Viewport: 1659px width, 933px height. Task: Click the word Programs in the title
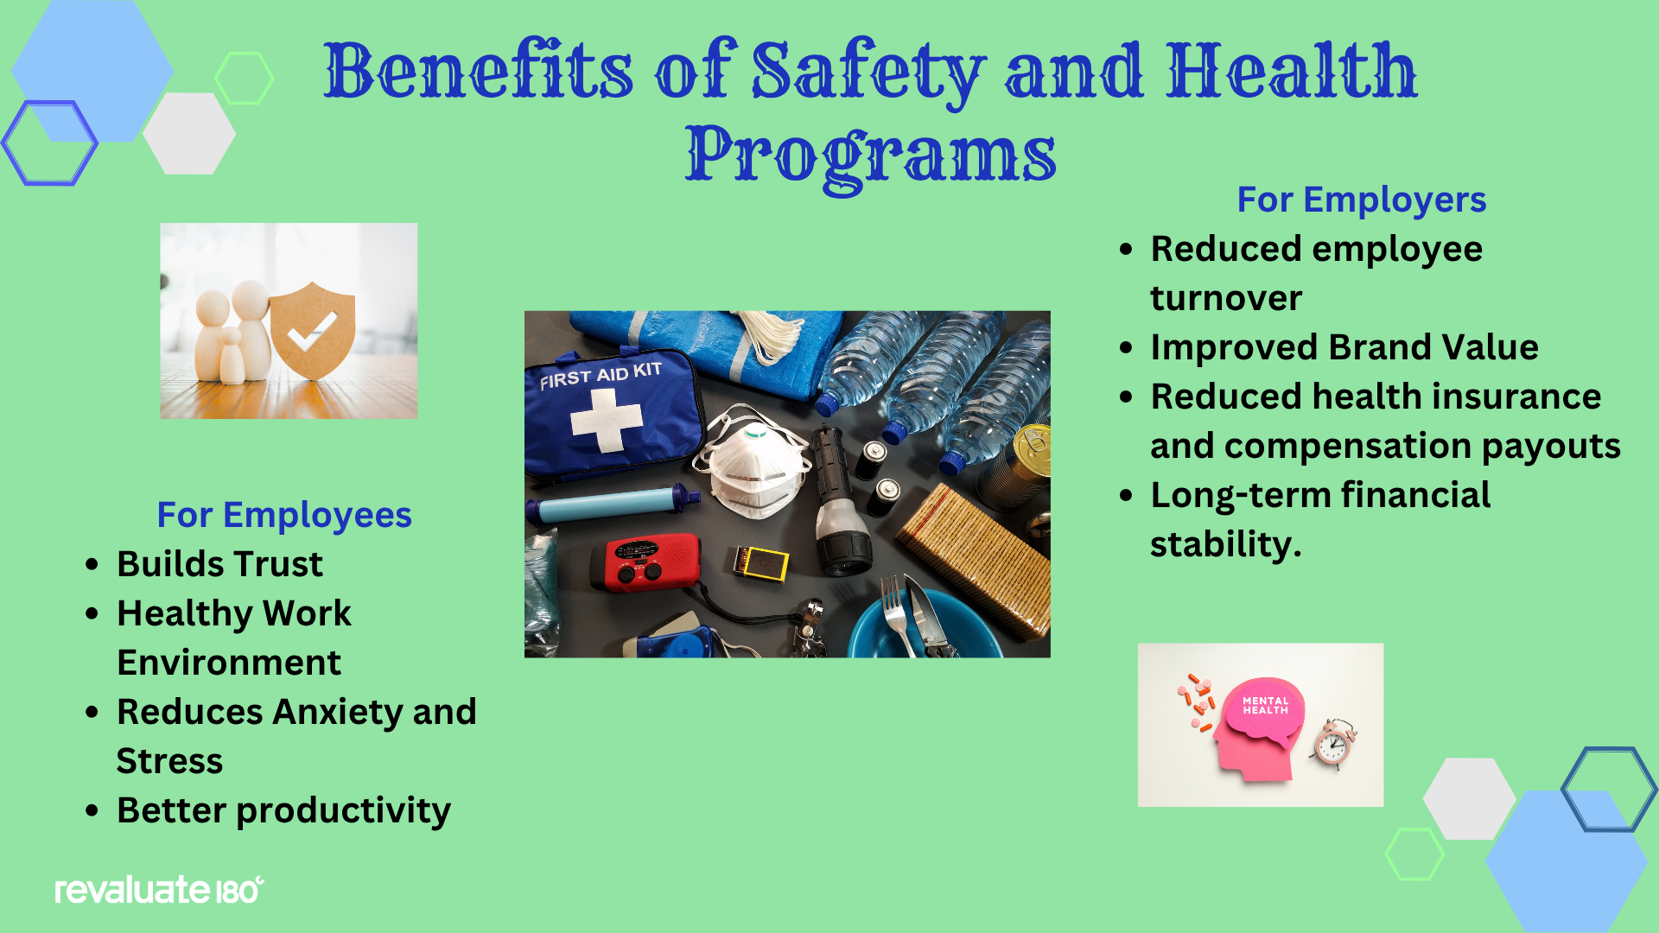point(870,155)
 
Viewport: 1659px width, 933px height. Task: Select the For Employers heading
point(1361,200)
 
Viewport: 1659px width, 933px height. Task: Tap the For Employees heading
point(284,515)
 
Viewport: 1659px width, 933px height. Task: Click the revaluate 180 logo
point(159,890)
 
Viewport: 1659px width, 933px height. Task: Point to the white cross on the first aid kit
point(607,420)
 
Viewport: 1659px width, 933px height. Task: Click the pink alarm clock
point(1333,743)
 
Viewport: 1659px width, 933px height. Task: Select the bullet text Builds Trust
point(219,564)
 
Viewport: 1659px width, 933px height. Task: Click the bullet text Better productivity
point(283,811)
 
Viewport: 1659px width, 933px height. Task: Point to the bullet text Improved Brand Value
point(1344,347)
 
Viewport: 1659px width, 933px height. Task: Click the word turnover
point(1225,299)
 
